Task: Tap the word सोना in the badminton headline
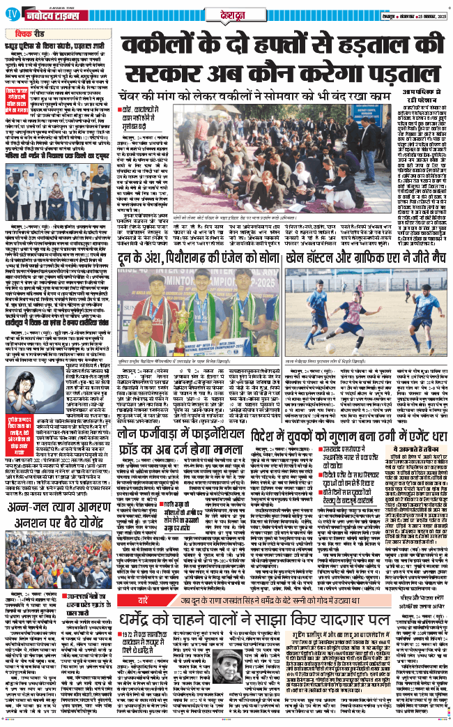[261, 242]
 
